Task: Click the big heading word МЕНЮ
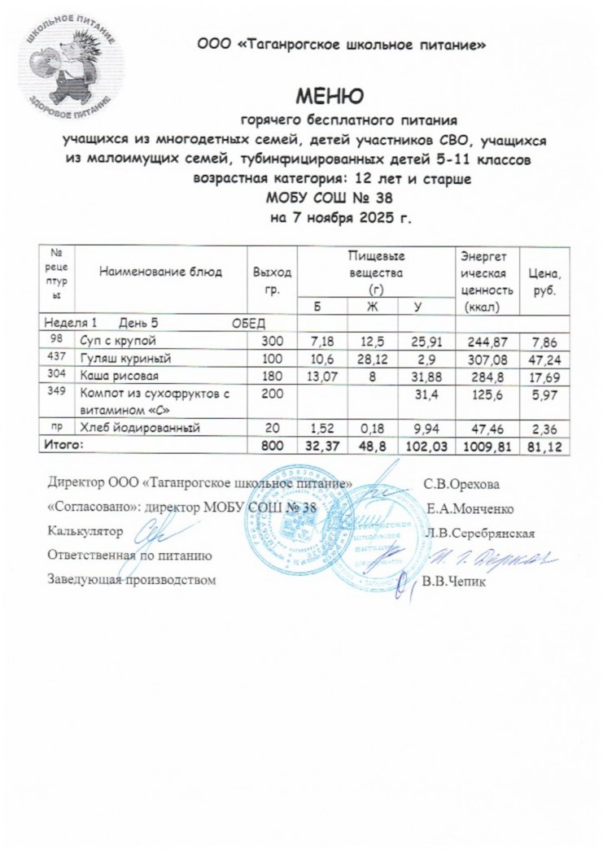[x=329, y=99]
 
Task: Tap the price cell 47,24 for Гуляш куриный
[x=546, y=357]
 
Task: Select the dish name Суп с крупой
[x=117, y=339]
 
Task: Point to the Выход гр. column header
[x=272, y=277]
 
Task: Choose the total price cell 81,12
[x=546, y=446]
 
